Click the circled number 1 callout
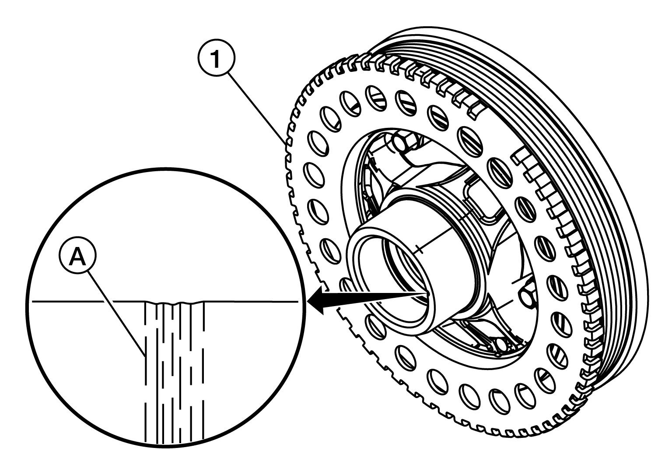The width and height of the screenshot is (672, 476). point(216,58)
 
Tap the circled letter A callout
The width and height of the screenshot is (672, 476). point(78,255)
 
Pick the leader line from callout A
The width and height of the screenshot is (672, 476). point(117,313)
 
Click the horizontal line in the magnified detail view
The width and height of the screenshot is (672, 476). point(165,301)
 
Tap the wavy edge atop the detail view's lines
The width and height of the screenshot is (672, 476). point(175,303)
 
